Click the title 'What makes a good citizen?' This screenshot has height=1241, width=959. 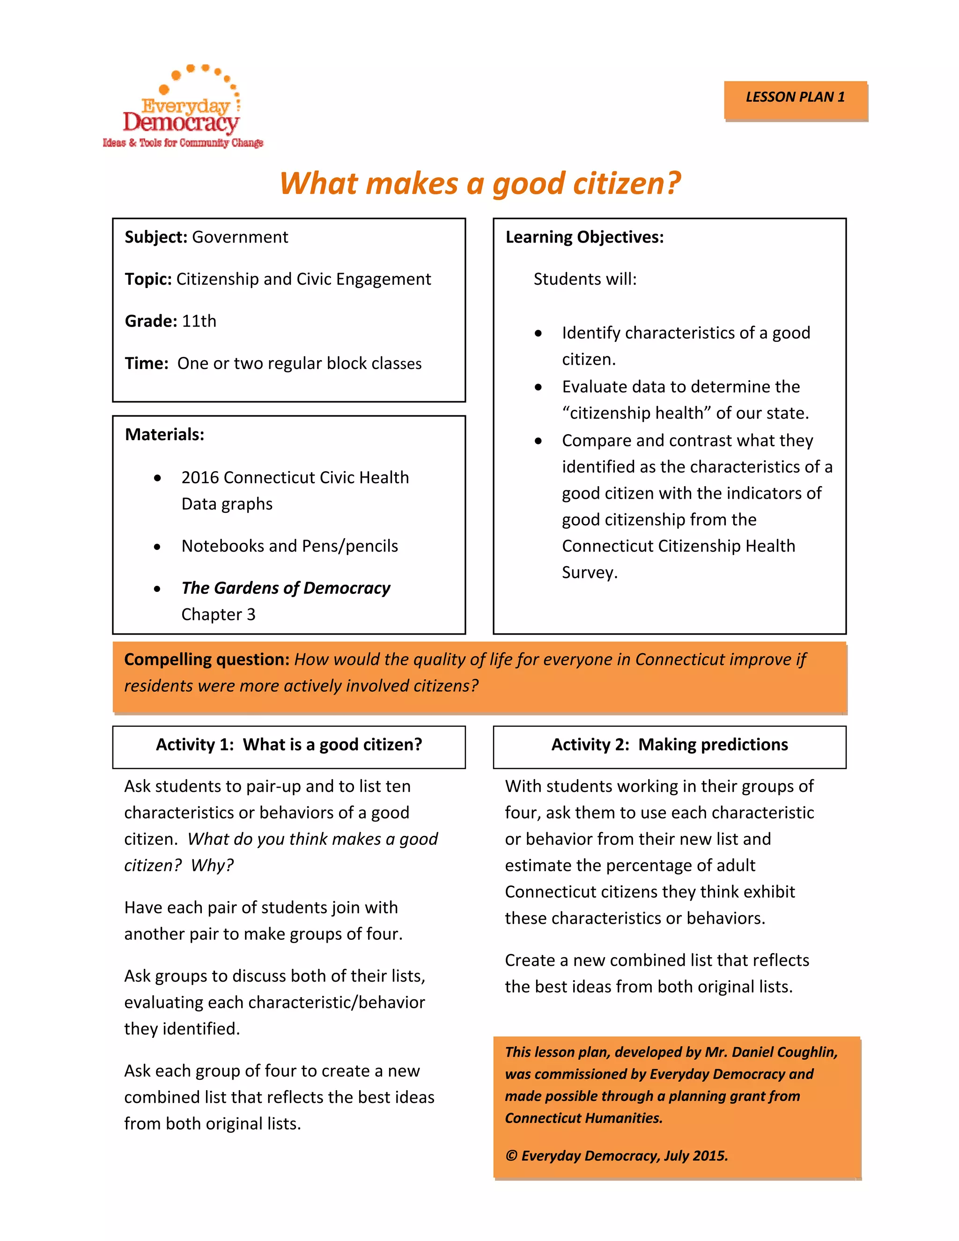point(479,184)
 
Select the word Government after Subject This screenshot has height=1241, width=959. point(240,237)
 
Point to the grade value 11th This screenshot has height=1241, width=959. point(199,321)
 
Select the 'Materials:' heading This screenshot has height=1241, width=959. point(164,434)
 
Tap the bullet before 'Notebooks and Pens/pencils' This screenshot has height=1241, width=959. point(157,547)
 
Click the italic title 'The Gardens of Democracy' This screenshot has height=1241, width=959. point(285,588)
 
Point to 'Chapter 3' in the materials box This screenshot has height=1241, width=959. point(218,614)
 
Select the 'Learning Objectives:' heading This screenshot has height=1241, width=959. point(584,237)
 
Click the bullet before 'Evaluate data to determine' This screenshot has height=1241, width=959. point(538,388)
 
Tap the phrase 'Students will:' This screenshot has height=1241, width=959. point(584,279)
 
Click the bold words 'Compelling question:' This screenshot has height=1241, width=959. point(207,659)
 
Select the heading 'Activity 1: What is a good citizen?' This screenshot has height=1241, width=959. point(288,745)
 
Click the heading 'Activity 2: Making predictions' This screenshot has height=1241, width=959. point(669,745)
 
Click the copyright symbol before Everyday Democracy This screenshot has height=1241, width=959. point(511,1156)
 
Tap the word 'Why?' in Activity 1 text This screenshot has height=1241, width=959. point(212,865)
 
